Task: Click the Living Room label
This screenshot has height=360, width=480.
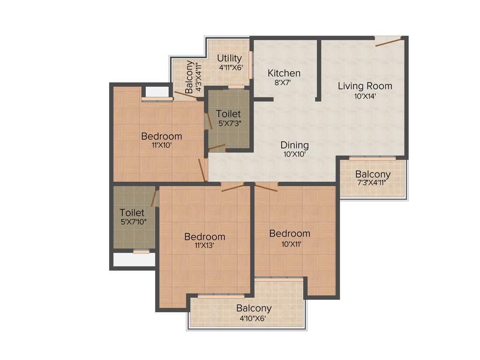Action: point(365,86)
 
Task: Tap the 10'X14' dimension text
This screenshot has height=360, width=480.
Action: point(365,97)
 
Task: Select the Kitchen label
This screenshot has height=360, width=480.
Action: point(284,73)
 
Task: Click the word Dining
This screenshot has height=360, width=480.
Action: point(294,145)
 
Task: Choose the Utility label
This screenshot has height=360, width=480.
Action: point(229,58)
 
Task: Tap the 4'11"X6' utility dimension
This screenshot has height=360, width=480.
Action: point(231,67)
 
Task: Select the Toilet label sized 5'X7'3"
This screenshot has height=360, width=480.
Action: point(228,114)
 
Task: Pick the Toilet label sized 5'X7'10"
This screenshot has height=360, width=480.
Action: point(131,212)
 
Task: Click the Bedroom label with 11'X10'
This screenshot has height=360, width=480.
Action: point(161,136)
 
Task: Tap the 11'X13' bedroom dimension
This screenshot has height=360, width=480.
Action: point(204,246)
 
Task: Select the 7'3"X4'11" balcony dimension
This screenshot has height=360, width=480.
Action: point(372,183)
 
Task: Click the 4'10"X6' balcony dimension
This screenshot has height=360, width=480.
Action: point(253,318)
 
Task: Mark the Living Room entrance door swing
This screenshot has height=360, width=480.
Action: point(389,43)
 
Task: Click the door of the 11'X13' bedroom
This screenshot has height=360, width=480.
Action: point(233,188)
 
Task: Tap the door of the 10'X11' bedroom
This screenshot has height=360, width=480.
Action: point(266,187)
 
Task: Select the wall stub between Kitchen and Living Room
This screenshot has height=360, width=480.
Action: point(318,70)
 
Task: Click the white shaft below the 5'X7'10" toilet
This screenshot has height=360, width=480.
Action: point(135,260)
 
